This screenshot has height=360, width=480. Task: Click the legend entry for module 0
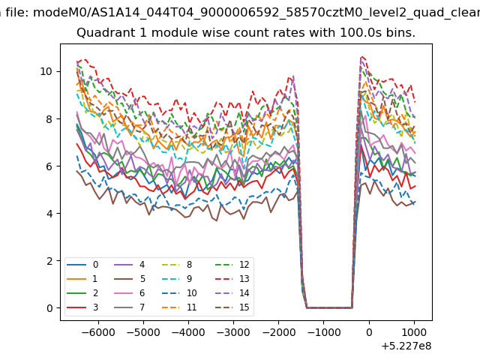[x=82, y=265]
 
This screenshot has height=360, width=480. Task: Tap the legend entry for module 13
[x=232, y=279]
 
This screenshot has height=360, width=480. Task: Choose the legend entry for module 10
[x=180, y=293]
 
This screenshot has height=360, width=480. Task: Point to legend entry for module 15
[x=232, y=307]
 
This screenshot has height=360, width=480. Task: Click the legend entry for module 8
[x=177, y=265]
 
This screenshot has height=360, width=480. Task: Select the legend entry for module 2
[x=82, y=293]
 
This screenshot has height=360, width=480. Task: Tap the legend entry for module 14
[x=232, y=293]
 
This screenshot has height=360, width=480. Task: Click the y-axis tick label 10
[x=46, y=72]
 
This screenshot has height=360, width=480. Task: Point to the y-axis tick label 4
[x=49, y=213]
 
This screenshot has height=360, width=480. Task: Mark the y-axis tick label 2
[x=49, y=261]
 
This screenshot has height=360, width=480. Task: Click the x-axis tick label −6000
[x=98, y=332]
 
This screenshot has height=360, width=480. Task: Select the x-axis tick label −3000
[x=233, y=332]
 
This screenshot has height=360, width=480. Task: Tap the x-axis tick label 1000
[x=414, y=332]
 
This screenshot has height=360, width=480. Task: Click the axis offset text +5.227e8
[x=406, y=346]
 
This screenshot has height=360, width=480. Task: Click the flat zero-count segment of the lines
[x=329, y=307]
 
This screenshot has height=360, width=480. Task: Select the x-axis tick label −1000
[x=323, y=332]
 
